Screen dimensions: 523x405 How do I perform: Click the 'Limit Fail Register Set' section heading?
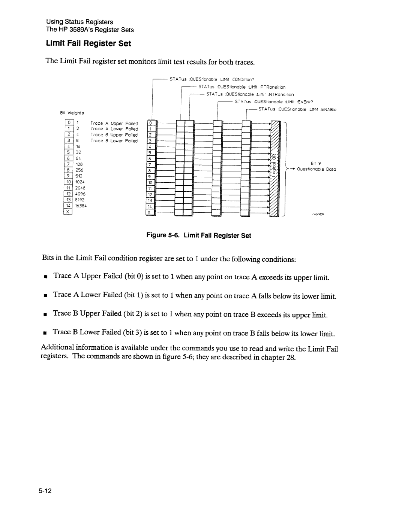tap(88, 43)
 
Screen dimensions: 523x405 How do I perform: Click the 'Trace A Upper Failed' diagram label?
tap(114, 123)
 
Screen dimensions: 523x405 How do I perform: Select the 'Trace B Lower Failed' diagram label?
tap(114, 141)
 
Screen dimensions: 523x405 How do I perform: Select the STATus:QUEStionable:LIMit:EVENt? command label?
tap(274, 102)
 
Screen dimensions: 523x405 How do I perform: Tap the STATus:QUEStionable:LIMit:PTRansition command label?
tap(242, 87)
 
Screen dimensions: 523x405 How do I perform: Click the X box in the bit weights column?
tap(68, 212)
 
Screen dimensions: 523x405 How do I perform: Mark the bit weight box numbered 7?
tap(68, 164)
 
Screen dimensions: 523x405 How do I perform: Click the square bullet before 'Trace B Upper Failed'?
tap(45, 314)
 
